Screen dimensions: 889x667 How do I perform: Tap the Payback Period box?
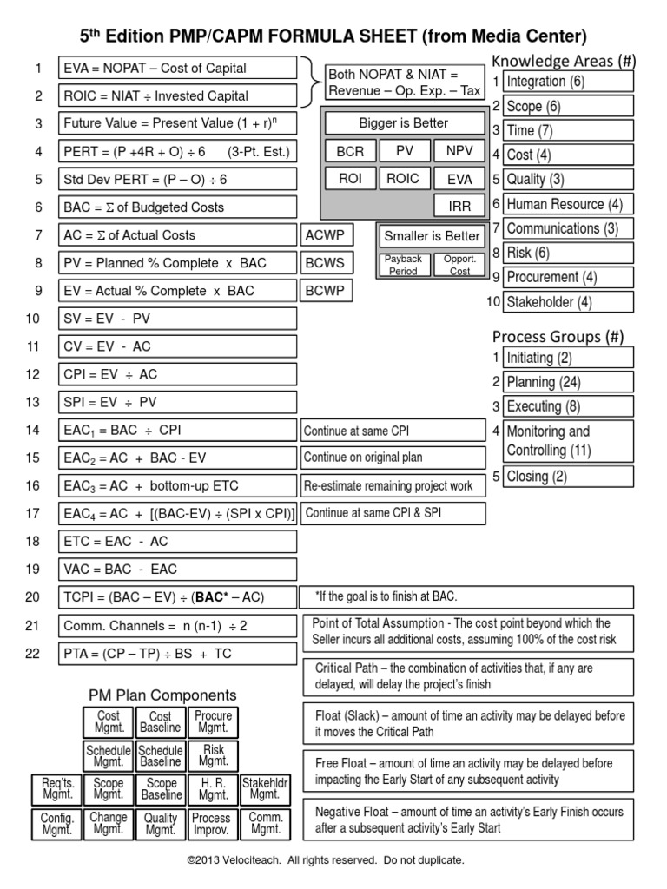(x=403, y=265)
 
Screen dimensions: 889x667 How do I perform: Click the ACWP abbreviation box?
(x=327, y=235)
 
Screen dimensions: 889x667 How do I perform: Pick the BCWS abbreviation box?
(x=327, y=263)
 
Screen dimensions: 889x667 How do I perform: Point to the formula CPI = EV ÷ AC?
(x=177, y=374)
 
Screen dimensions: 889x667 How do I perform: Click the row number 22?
(x=33, y=653)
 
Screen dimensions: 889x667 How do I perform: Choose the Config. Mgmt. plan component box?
(x=57, y=824)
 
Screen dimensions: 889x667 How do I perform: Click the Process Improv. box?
(x=211, y=824)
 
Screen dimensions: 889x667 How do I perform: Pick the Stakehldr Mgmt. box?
(x=264, y=787)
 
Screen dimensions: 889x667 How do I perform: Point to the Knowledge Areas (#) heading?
(x=564, y=60)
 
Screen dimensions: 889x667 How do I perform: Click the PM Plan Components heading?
(x=162, y=695)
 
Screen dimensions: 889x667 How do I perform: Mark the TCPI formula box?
(x=177, y=596)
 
